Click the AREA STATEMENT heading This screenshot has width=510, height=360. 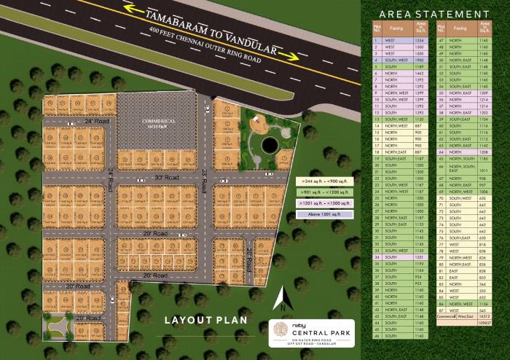[x=433, y=13]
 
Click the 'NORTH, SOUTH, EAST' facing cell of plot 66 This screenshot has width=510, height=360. [x=463, y=170]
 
